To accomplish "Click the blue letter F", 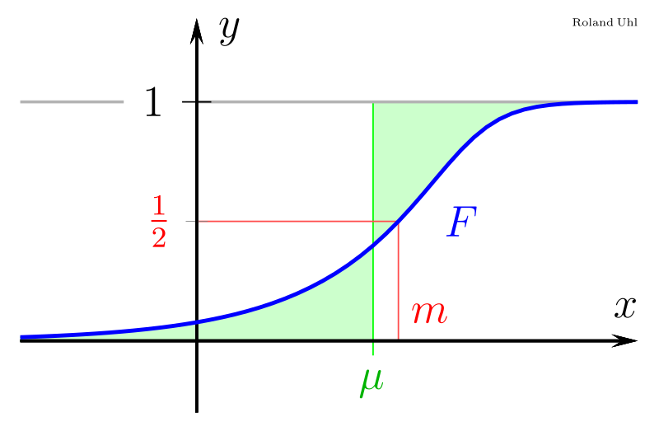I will pyautogui.click(x=460, y=223).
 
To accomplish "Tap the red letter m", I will pyautogui.click(x=428, y=313).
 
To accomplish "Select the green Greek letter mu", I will pyautogui.click(x=372, y=381).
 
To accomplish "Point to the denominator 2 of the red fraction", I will pyautogui.click(x=159, y=237).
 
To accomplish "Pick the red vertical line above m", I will pyautogui.click(x=399, y=280).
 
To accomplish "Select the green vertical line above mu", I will pyautogui.click(x=373, y=165).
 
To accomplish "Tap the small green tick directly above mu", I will pyautogui.click(x=373, y=349).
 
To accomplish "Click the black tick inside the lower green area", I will pyautogui.click(x=197, y=331).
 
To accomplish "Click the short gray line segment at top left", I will pyautogui.click(x=72, y=102).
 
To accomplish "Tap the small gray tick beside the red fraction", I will pyautogui.click(x=191, y=221).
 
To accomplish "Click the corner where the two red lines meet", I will pyautogui.click(x=399, y=221).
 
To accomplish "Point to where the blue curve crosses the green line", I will pyautogui.click(x=373, y=245).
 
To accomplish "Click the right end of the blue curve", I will pyautogui.click(x=636, y=102).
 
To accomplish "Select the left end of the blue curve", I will pyautogui.click(x=21, y=336).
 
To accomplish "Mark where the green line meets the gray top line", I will pyautogui.click(x=373, y=103).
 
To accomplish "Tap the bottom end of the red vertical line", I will pyautogui.click(x=399, y=337).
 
